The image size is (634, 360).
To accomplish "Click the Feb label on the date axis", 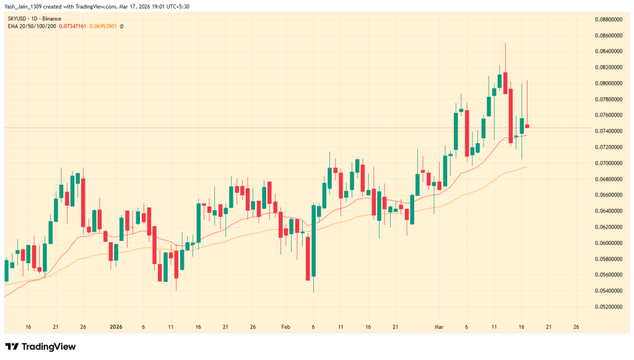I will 285,326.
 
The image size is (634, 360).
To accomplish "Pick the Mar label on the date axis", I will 438,326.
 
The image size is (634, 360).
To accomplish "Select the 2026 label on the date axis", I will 116,326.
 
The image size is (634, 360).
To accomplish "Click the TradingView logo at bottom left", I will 40,346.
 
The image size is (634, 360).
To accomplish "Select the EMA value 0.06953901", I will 103,27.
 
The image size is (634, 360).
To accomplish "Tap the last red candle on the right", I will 527,126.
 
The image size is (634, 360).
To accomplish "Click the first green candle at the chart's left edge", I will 7,271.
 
